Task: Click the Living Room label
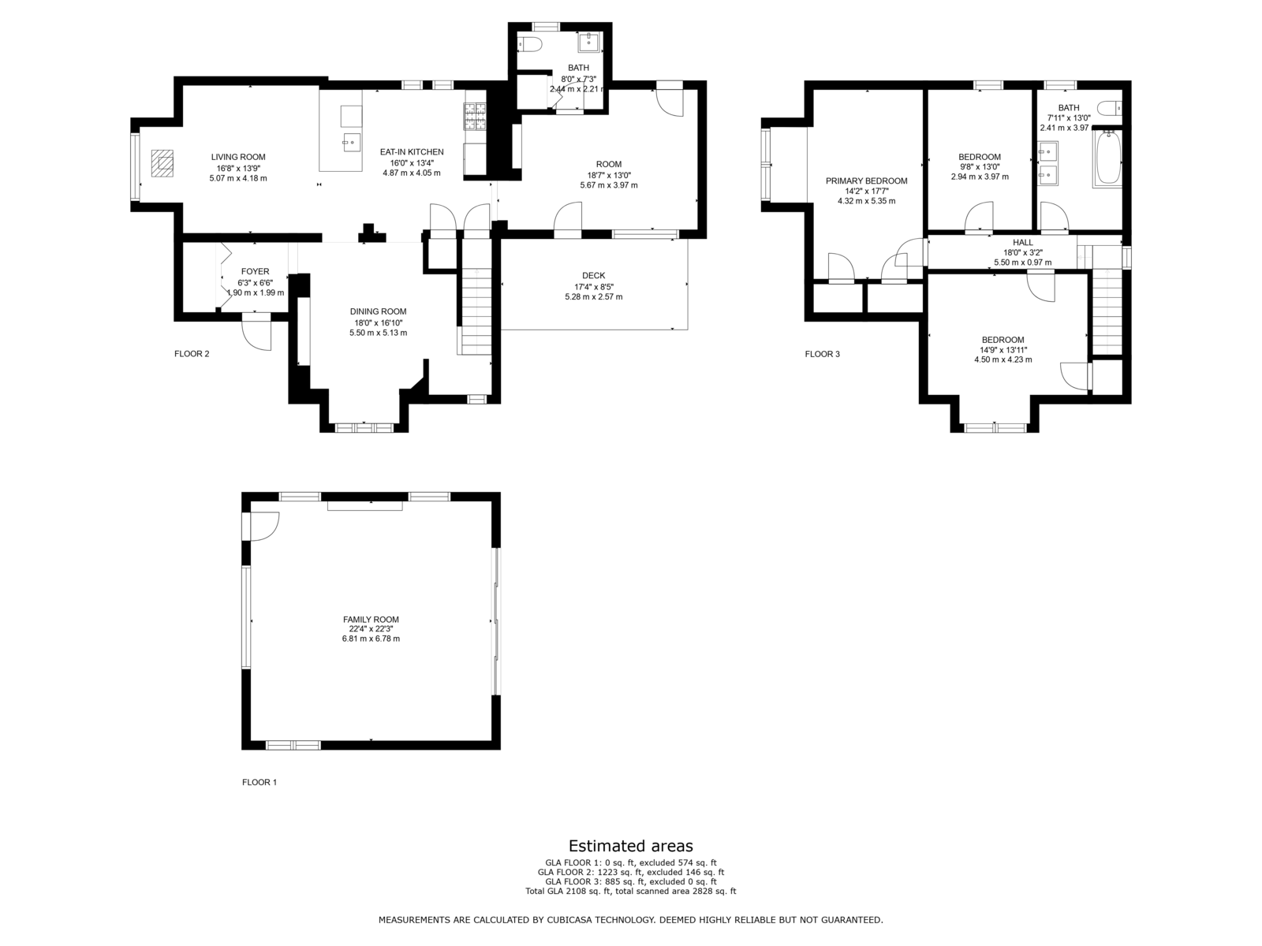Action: click(238, 157)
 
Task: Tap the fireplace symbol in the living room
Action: click(162, 164)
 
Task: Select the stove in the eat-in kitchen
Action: click(476, 117)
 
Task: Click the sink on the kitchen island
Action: click(352, 142)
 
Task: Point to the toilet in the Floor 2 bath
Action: click(529, 44)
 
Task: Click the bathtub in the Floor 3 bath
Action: click(1107, 158)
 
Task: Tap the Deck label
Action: click(593, 276)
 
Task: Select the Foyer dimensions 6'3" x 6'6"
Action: click(256, 282)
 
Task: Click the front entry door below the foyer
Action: click(256, 331)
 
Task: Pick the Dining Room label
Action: click(379, 312)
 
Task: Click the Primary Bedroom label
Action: click(866, 181)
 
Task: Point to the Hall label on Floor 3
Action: click(1023, 242)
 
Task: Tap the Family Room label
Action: click(371, 619)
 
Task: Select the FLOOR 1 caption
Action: click(259, 782)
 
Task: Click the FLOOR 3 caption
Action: click(822, 354)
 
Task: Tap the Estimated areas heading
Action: click(631, 846)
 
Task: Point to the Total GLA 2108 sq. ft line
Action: click(631, 892)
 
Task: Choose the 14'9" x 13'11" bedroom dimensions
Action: click(1003, 350)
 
